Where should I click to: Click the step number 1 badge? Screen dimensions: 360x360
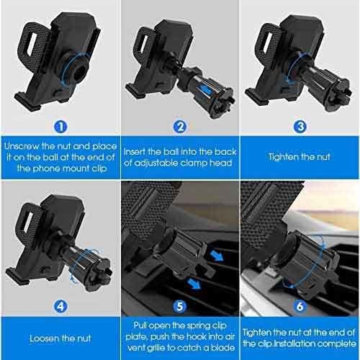point(60,127)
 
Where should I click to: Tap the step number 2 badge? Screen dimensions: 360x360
point(180,127)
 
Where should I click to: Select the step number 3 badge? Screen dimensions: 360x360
point(300,127)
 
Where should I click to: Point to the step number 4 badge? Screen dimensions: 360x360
point(60,307)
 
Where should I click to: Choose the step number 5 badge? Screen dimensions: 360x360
point(180,307)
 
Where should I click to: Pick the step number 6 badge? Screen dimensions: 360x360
point(300,307)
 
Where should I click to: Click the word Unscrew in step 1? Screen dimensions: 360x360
point(22,146)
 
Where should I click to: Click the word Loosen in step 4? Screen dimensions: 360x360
point(45,338)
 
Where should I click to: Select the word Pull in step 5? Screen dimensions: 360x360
point(140,325)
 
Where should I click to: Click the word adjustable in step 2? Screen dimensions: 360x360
point(156,163)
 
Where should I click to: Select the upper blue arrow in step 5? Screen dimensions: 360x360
point(217,256)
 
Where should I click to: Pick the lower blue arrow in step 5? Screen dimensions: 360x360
point(194,283)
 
